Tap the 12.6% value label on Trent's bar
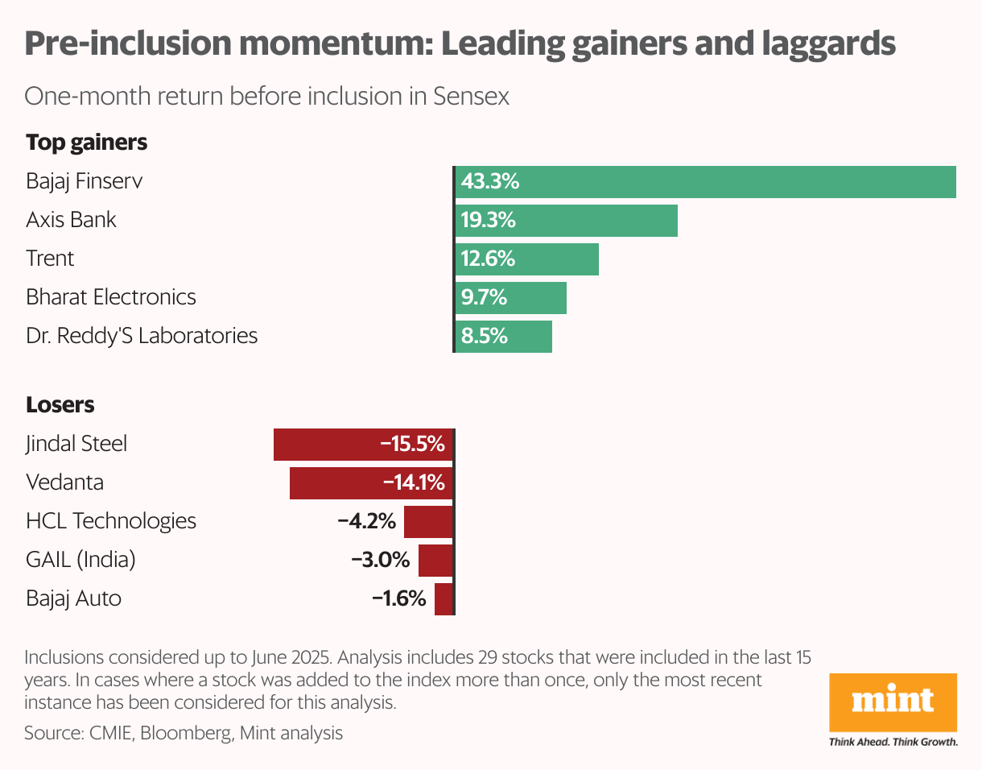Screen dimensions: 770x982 pyautogui.click(x=488, y=259)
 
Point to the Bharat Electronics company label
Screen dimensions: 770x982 pyautogui.click(x=111, y=297)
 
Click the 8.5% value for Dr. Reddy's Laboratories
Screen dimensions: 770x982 pyautogui.click(x=485, y=336)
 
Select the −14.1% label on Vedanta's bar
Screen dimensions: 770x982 pyautogui.click(x=413, y=483)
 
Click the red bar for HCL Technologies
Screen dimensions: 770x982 pyautogui.click(x=428, y=522)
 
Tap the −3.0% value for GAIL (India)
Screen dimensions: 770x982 pyautogui.click(x=381, y=561)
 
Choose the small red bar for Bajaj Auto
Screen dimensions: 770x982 pyautogui.click(x=444, y=599)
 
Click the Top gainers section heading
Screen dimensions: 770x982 pyautogui.click(x=87, y=143)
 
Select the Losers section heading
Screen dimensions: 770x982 pyautogui.click(x=60, y=404)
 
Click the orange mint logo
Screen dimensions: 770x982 pyautogui.click(x=893, y=702)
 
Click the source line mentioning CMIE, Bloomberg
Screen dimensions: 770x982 pyautogui.click(x=184, y=733)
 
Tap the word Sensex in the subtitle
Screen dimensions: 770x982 pyautogui.click(x=472, y=97)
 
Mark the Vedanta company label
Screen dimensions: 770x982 pyautogui.click(x=64, y=483)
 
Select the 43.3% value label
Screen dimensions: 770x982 pyautogui.click(x=489, y=182)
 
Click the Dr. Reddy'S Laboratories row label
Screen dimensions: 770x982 pyautogui.click(x=142, y=336)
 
